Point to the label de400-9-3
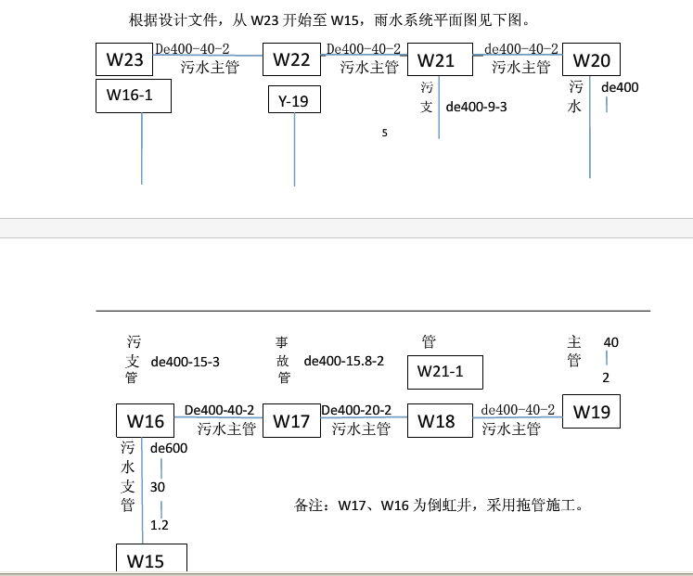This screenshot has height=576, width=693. tap(477, 107)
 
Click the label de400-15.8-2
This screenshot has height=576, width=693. tap(344, 361)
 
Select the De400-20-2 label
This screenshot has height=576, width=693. tap(356, 410)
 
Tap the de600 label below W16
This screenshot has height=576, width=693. tap(169, 448)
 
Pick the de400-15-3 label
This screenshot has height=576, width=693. tap(186, 362)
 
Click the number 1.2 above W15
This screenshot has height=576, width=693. tap(160, 525)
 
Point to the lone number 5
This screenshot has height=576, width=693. tap(384, 133)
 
